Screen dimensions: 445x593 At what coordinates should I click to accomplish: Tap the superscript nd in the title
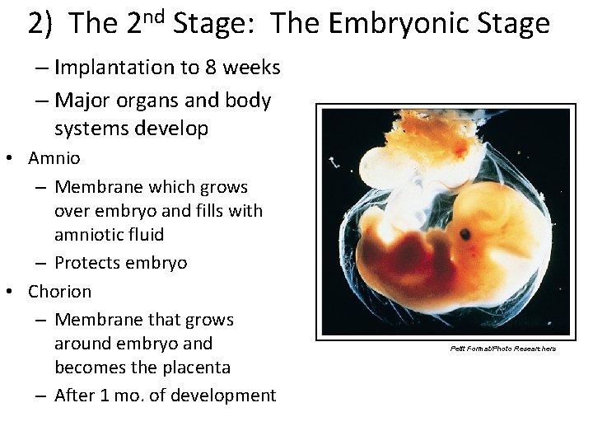pos(155,15)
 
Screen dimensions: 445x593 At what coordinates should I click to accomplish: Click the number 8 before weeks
pos(217,68)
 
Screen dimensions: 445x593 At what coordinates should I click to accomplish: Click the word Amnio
pos(54,157)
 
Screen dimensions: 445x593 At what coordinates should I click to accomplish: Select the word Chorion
pos(60,292)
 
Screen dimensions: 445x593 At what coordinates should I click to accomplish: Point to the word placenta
pos(195,368)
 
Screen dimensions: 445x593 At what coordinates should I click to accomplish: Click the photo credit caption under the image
pos(503,349)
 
